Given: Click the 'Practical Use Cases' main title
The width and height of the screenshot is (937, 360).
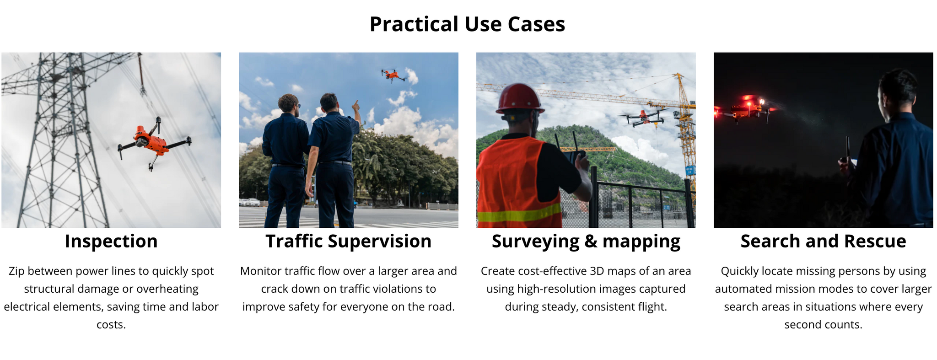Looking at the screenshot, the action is pos(467,24).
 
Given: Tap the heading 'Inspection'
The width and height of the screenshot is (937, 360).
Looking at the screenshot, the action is pos(111,241).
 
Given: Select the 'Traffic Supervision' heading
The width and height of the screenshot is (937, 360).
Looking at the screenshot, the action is pos(349,241).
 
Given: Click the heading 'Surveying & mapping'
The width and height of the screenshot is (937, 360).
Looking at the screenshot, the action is pos(586,242).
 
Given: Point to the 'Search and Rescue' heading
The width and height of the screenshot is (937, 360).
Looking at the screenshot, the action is pos(824,241).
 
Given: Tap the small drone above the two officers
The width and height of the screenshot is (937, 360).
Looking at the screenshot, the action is pos(393,75).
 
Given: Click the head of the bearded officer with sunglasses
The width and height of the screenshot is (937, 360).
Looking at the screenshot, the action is pos(289,104).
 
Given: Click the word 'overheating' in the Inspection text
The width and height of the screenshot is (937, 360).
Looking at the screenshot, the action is pos(167,289).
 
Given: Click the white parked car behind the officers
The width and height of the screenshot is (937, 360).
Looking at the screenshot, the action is pos(251,202).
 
